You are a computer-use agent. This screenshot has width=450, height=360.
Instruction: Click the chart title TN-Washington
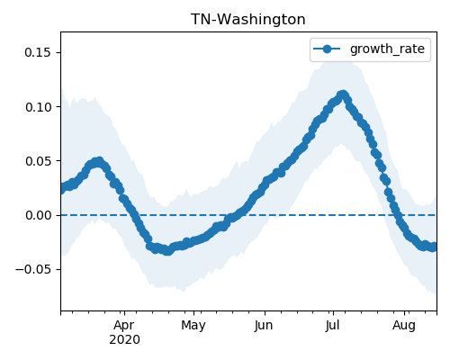click(x=248, y=20)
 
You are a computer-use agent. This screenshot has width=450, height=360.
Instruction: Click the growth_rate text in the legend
click(x=387, y=49)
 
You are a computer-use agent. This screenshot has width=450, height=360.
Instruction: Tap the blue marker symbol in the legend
click(x=327, y=49)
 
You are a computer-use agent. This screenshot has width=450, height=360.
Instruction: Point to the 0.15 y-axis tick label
click(x=38, y=52)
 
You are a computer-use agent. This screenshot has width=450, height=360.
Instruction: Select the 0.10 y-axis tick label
click(x=38, y=107)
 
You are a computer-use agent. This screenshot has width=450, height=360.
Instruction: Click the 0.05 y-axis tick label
click(x=38, y=161)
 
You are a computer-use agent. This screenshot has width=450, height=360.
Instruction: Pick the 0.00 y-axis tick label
click(x=38, y=215)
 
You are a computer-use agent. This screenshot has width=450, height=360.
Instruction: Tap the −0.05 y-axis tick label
click(x=33, y=269)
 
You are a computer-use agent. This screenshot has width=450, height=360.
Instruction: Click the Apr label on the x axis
click(x=124, y=325)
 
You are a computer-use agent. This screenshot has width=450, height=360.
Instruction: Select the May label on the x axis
click(x=193, y=325)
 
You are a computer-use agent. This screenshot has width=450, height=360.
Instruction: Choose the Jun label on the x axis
click(x=264, y=325)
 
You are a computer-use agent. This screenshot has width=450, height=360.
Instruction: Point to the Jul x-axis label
click(x=332, y=325)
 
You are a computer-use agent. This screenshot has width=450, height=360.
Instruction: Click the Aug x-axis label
click(x=404, y=325)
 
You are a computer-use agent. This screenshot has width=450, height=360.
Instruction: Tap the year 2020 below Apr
click(x=124, y=340)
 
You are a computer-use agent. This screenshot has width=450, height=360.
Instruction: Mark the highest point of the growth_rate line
click(x=343, y=95)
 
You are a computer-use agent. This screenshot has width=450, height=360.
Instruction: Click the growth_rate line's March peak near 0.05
click(x=99, y=162)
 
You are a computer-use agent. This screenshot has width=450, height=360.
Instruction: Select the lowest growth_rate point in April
click(x=168, y=251)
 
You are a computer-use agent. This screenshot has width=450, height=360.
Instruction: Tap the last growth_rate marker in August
click(x=434, y=247)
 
